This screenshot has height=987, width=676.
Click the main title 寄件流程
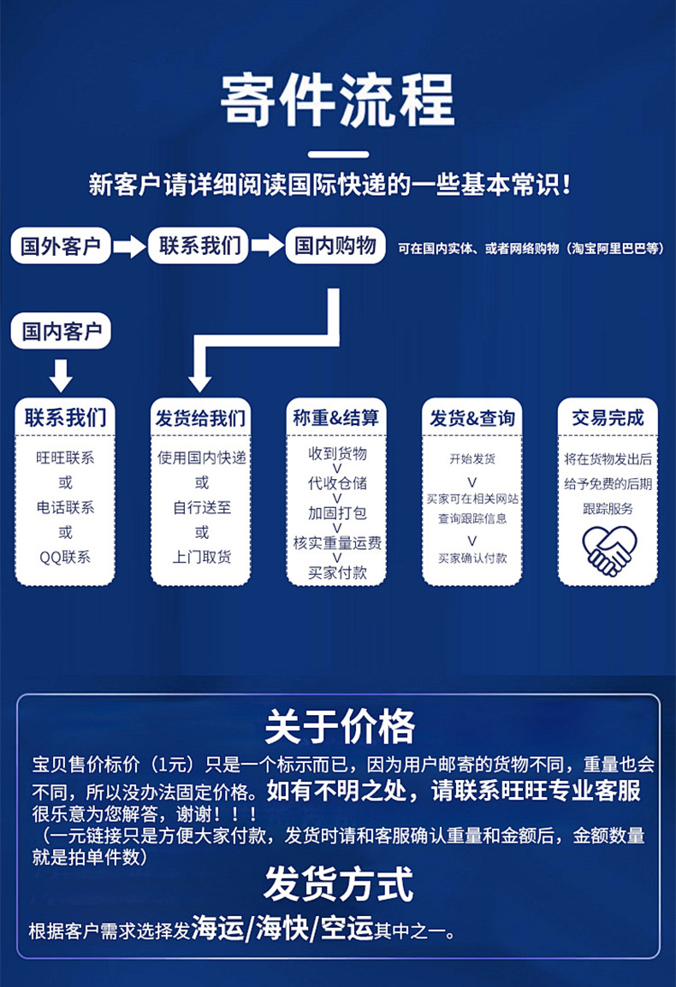[x=337, y=101]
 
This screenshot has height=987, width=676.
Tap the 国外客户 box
[x=61, y=247]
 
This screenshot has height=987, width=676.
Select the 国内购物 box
[x=335, y=246]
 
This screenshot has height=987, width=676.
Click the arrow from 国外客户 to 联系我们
[x=130, y=247]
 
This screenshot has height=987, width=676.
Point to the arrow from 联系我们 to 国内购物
[x=267, y=246]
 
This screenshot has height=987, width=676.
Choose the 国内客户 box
[x=61, y=330]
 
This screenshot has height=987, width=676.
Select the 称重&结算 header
[x=335, y=418]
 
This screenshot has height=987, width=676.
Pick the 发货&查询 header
[x=472, y=418]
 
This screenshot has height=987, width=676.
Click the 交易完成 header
[x=608, y=418]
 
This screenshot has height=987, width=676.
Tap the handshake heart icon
[x=608, y=551]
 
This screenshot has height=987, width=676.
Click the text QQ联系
[x=65, y=557]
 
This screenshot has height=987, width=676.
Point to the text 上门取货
[x=201, y=557]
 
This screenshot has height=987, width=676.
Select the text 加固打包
[x=336, y=513]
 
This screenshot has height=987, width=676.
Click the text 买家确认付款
[x=472, y=558]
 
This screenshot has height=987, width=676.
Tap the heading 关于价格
[x=339, y=726]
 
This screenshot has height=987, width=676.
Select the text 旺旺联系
[x=65, y=458]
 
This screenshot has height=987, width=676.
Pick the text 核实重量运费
[x=336, y=543]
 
